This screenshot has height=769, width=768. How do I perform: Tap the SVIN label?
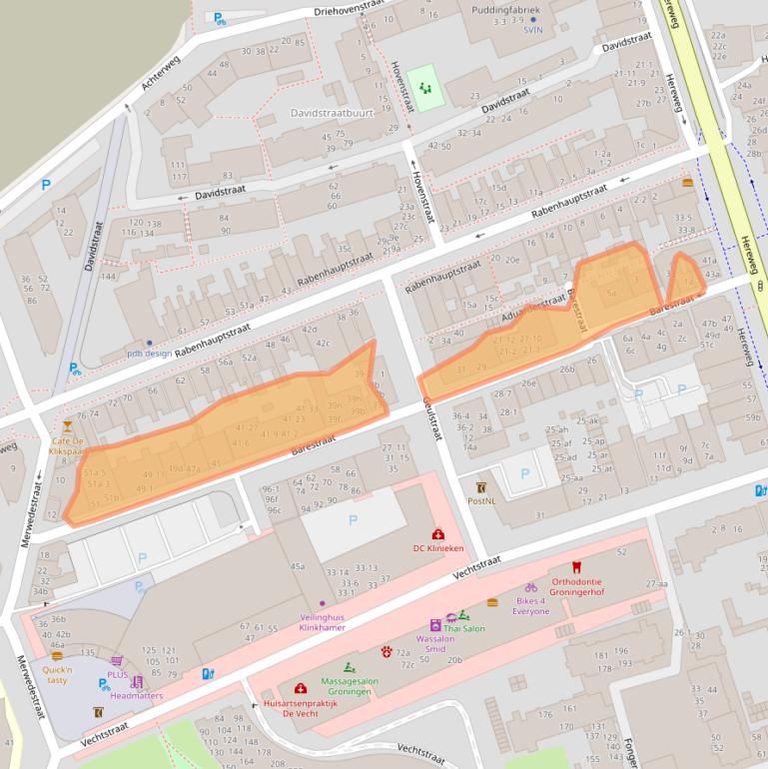pos(532,30)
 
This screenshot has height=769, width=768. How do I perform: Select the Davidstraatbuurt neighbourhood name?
pos(332,114)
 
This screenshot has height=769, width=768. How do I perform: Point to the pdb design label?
pos(149,353)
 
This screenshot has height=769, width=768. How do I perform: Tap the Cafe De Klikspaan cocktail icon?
pos(67,426)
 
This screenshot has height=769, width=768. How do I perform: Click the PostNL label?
pos(481,500)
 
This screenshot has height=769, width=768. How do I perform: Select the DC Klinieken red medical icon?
pos(437,534)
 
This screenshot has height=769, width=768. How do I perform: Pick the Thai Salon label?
pos(464,628)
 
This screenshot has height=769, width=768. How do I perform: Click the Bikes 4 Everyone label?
pos(531,605)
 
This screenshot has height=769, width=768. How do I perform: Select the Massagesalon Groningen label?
pos(350,686)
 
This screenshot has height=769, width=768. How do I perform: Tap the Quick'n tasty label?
pos(56,674)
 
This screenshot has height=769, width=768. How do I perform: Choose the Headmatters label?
pos(137,695)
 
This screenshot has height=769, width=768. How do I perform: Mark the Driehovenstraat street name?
pos(349,8)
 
